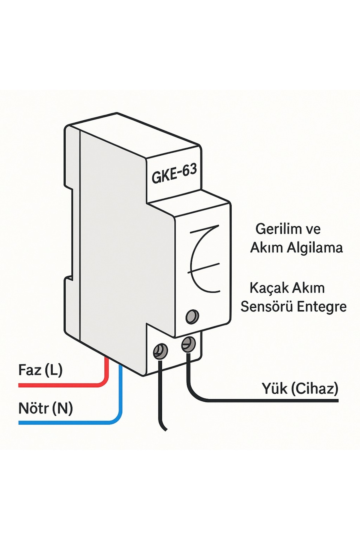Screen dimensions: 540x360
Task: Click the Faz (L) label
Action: coord(40,370)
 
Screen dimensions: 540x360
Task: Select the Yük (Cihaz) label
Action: coord(300,388)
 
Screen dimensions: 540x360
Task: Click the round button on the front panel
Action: coord(192,316)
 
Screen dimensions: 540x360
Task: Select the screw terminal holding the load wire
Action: coord(188,345)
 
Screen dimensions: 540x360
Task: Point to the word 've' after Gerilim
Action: coord(313,229)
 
